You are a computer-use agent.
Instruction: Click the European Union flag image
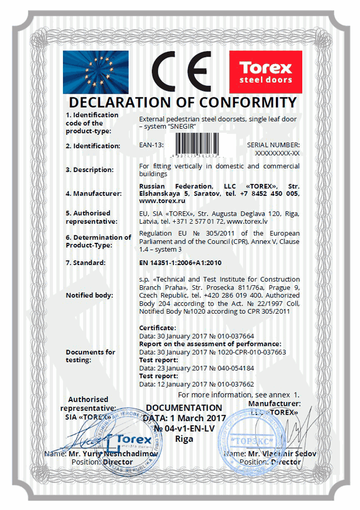(95, 72)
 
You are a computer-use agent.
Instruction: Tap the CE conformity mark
(181, 72)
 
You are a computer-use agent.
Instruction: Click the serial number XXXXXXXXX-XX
(277, 153)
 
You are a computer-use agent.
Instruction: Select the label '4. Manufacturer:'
(94, 194)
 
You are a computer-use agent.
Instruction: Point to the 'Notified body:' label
(89, 295)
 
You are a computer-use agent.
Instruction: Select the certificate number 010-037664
(233, 336)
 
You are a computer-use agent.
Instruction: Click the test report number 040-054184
(232, 368)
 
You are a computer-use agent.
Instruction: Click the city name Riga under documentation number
(184, 439)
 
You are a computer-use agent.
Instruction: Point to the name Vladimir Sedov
(275, 454)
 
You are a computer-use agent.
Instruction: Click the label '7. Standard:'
(86, 262)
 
